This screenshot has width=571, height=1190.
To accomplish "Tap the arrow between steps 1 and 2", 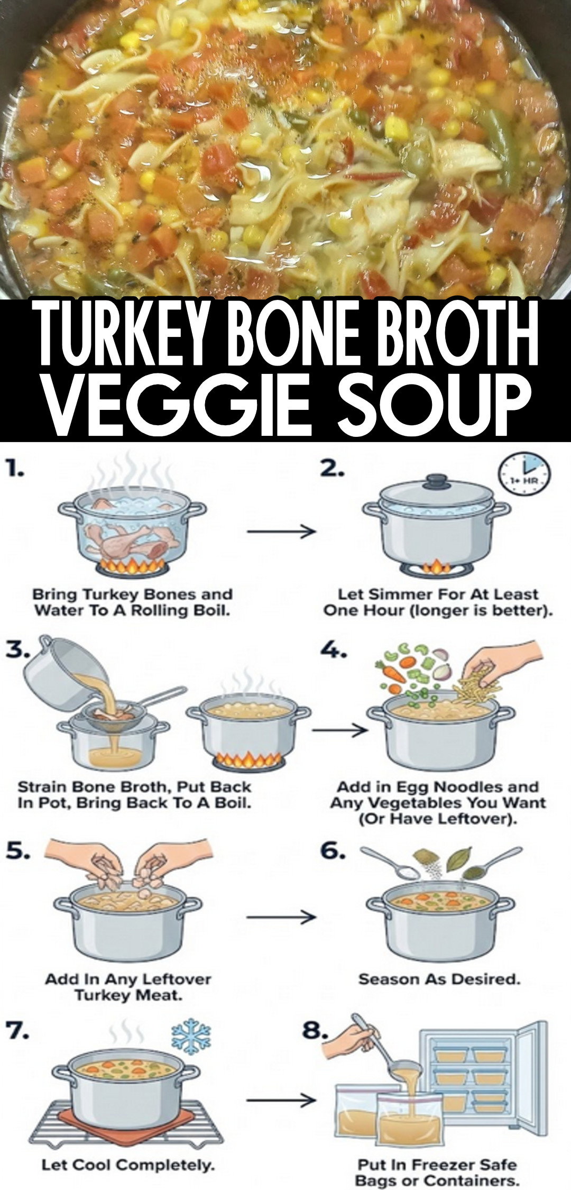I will (281, 531).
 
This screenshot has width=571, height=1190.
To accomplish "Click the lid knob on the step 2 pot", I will (437, 481).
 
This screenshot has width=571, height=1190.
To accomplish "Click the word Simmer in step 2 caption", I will (395, 594).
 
